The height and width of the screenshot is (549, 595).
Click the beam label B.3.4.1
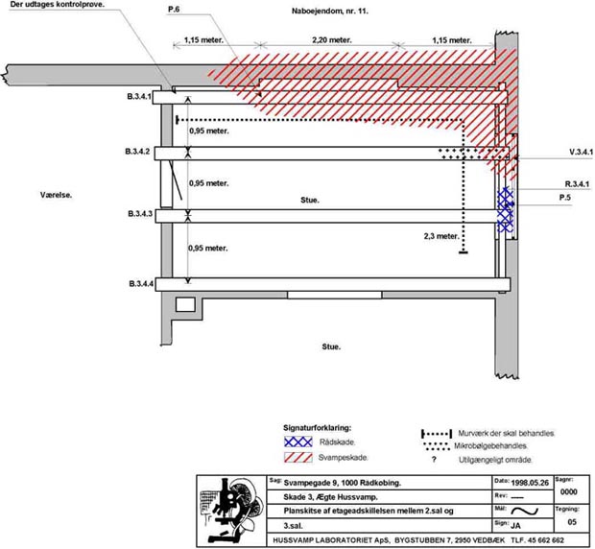pyautogui.click(x=139, y=96)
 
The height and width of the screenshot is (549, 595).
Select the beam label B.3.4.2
pyautogui.click(x=139, y=153)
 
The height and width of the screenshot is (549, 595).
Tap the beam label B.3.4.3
pyautogui.click(x=139, y=213)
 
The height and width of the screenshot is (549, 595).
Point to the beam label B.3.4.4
pyautogui.click(x=139, y=284)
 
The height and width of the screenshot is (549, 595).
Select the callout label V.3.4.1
pyautogui.click(x=581, y=153)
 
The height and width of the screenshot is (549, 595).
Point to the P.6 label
pyautogui.click(x=175, y=10)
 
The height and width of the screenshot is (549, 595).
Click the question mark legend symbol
pyautogui.click(x=434, y=461)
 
